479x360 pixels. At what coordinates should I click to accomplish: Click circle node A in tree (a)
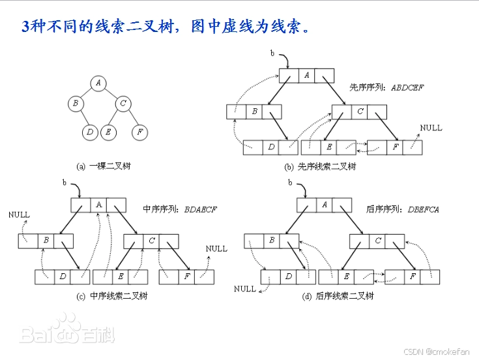pos(98,82)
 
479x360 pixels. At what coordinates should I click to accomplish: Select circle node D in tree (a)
pos(90,132)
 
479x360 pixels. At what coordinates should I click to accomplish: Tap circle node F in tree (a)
pos(139,132)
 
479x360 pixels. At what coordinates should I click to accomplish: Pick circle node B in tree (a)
pos(76,103)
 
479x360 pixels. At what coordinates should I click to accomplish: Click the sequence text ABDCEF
pos(407,87)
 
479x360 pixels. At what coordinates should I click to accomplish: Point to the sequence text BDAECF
pos(201,209)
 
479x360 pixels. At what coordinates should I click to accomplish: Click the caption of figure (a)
pos(104,166)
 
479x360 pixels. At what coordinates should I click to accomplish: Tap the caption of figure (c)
pos(112,295)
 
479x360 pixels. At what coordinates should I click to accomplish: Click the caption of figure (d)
pos(338,295)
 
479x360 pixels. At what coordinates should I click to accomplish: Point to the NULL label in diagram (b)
pos(431,128)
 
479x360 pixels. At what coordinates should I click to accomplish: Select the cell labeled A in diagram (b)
pos(307,76)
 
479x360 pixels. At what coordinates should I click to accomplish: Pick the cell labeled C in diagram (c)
pos(151,241)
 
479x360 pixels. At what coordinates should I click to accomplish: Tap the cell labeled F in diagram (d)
pos(412,277)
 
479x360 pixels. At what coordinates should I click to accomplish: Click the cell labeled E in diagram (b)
pos(329,147)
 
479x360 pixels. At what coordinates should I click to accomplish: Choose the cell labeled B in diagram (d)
pos(272,241)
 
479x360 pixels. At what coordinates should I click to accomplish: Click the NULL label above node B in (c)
pos(19,214)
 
